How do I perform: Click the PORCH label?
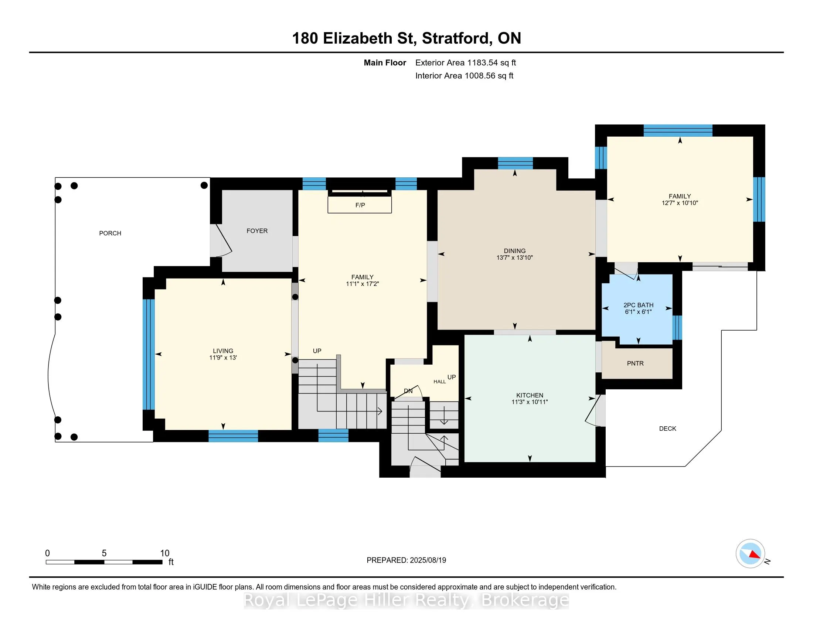[110, 233]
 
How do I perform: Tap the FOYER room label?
[257, 231]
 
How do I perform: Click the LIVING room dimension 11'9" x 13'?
[223, 358]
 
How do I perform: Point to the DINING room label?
[515, 251]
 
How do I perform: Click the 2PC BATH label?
[639, 305]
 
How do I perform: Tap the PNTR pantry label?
[635, 364]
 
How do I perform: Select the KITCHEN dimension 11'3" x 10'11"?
[530, 402]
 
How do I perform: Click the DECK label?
[667, 429]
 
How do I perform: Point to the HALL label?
[440, 382]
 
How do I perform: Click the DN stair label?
[408, 391]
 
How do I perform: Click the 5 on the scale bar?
[104, 553]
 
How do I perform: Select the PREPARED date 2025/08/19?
[428, 560]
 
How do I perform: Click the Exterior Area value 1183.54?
[482, 63]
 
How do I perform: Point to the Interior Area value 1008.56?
[480, 76]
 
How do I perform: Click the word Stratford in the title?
[455, 38]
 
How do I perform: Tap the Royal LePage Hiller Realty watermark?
[406, 600]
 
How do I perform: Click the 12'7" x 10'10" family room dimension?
[680, 203]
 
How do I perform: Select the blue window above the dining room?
[515, 163]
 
